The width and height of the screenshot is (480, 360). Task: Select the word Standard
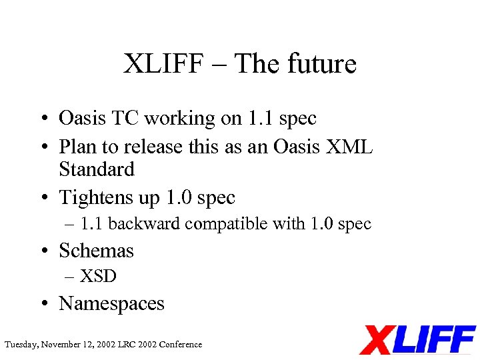(x=97, y=169)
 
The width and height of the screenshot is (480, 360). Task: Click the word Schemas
(x=97, y=251)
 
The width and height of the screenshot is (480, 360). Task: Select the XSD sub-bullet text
(x=98, y=276)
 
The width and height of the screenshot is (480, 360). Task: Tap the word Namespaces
(x=111, y=303)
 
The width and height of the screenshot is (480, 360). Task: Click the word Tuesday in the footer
(x=21, y=345)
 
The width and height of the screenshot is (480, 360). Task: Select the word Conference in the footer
(x=180, y=345)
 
